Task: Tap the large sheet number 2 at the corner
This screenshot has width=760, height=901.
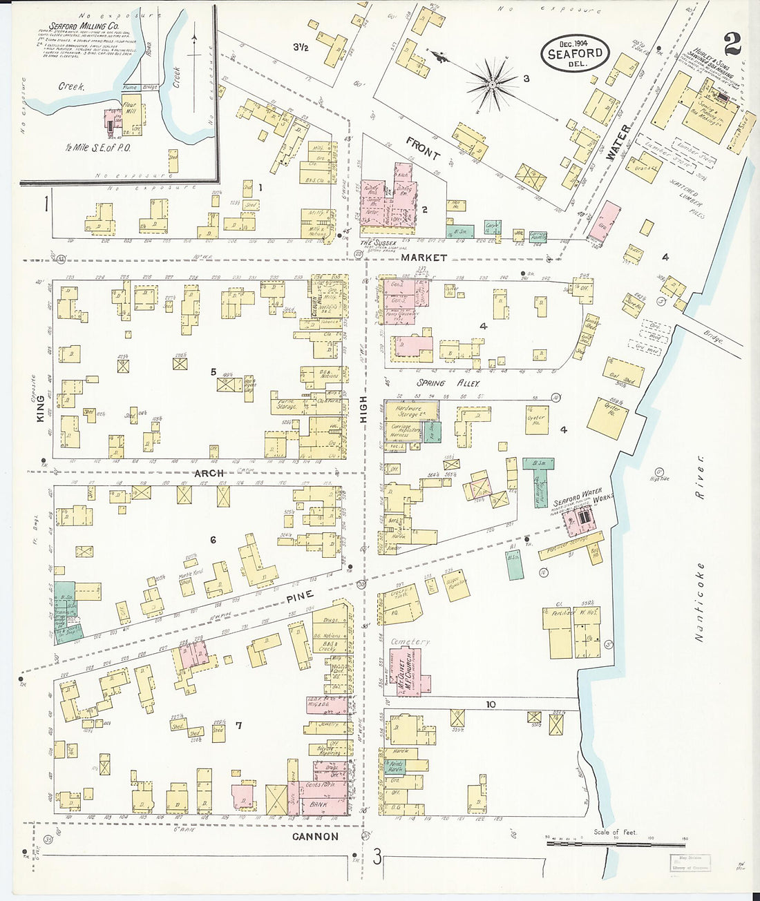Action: [732, 44]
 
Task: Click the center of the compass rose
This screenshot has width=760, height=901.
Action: [493, 84]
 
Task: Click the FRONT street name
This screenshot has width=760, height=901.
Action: [423, 148]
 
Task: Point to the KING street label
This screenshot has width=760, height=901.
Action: [39, 409]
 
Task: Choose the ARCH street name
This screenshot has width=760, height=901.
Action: [209, 473]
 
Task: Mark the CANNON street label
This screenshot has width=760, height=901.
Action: [315, 836]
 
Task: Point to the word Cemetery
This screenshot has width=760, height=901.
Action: [410, 641]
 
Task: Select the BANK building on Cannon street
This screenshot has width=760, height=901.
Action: [319, 805]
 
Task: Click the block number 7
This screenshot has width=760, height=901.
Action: [238, 725]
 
